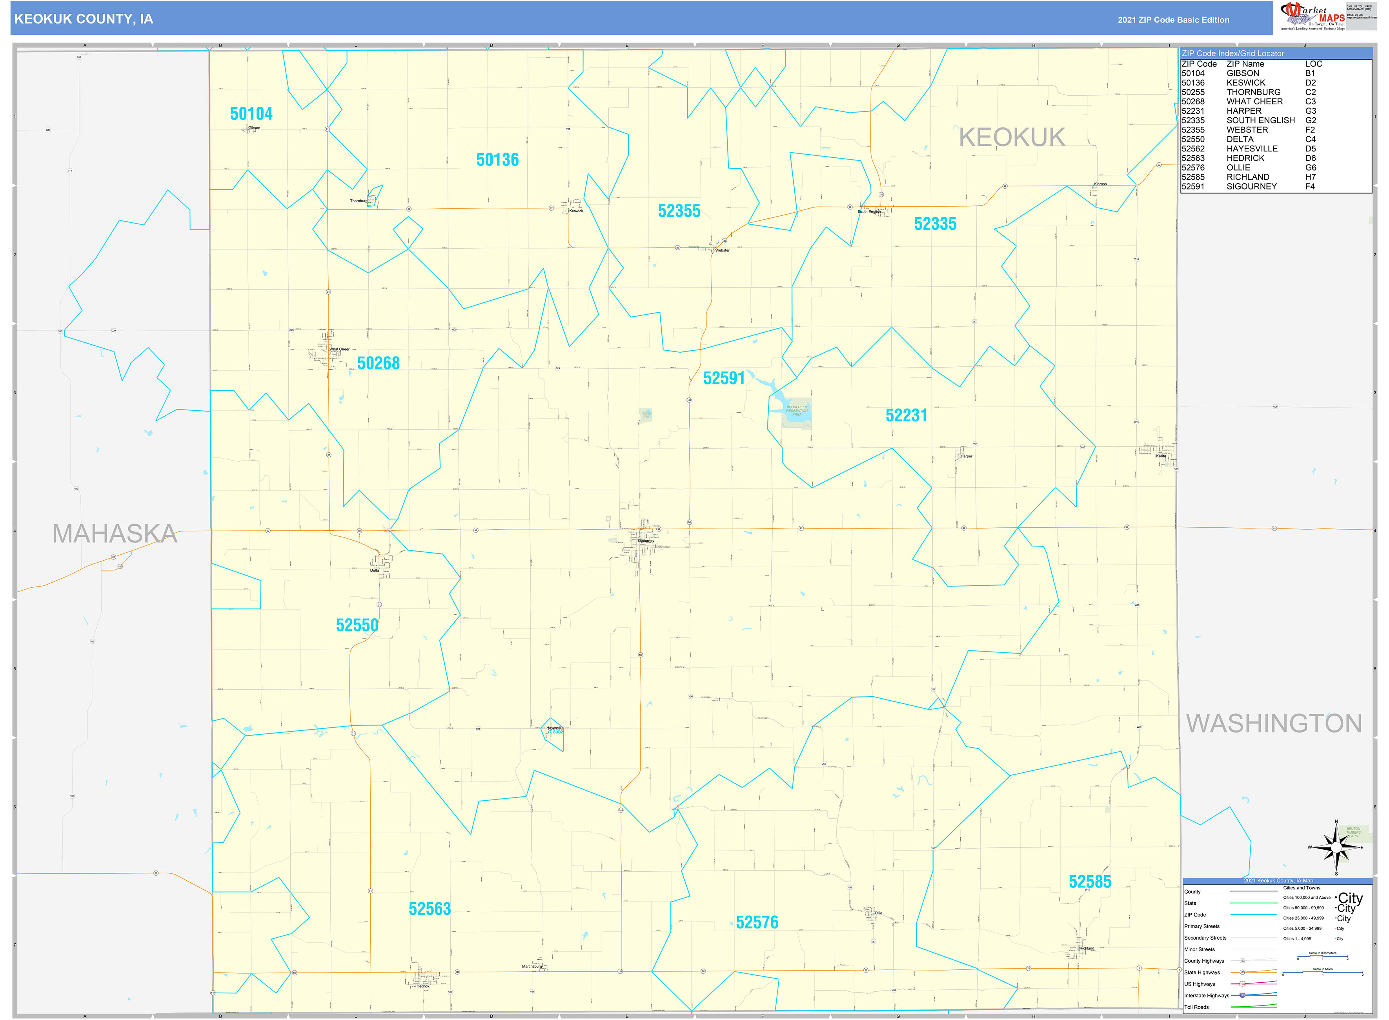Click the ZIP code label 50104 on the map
point(251,114)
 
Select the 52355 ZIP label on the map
point(679,211)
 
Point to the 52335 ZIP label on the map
point(935,224)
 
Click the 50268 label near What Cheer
point(379,363)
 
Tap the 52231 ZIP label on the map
point(906,415)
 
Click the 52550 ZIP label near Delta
point(357,625)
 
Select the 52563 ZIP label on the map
point(430,909)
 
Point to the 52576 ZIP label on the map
point(757,922)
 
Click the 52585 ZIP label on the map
point(1090,882)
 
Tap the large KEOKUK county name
point(1012,137)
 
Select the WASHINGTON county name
point(1274,723)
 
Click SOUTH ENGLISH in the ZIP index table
point(1261,120)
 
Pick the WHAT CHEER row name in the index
point(1254,101)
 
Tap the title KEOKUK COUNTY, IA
point(84,19)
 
